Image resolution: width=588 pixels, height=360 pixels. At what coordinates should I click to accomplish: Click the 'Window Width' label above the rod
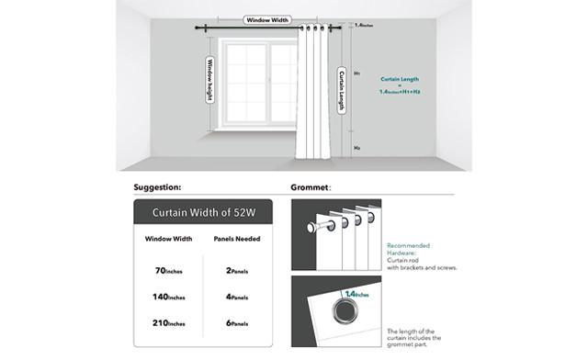[x=267, y=19]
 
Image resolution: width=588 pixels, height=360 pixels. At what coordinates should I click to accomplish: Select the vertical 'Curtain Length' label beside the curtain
[x=342, y=90]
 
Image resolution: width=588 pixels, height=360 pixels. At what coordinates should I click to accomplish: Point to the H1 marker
[x=356, y=73]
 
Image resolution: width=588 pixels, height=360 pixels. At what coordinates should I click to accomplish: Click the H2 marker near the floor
[x=356, y=147]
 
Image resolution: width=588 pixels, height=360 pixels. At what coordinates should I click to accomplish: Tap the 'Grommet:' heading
[x=311, y=187]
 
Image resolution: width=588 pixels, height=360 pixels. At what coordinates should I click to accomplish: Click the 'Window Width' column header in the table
[x=169, y=239]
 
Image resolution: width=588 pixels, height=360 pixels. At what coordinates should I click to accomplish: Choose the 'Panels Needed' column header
[x=238, y=239]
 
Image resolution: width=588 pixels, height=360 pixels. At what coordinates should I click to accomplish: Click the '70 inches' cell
[x=169, y=272]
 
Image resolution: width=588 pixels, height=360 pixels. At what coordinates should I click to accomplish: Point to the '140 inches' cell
[x=169, y=298]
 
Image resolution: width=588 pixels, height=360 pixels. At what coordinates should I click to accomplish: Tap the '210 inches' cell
[x=169, y=324]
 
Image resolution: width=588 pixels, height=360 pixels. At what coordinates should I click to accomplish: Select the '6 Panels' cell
[x=238, y=324]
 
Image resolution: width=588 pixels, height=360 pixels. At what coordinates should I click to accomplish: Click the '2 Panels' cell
[x=238, y=272]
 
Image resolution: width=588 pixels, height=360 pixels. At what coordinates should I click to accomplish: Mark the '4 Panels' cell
[x=238, y=298]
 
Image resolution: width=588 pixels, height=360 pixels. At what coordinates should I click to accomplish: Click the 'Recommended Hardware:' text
[x=409, y=249]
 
